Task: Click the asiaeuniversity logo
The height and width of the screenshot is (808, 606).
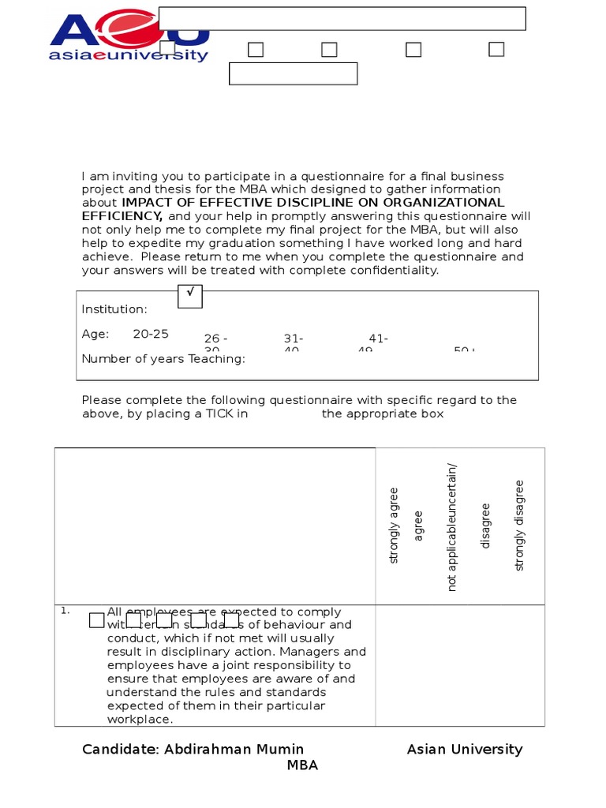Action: click(129, 38)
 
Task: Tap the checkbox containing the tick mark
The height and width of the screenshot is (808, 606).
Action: click(190, 296)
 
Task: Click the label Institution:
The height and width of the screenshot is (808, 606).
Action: click(114, 309)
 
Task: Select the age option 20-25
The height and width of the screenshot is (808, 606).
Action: click(151, 334)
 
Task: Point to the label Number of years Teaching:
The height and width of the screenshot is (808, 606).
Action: click(163, 359)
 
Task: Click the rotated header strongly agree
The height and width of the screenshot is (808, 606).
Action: click(395, 525)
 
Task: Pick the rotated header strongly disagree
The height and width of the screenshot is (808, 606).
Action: click(518, 525)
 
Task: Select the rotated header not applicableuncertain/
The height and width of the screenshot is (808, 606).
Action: click(452, 527)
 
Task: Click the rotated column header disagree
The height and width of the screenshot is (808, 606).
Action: click(485, 526)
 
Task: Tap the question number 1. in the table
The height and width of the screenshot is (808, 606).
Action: click(65, 610)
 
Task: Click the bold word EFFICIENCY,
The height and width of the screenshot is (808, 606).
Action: click(122, 216)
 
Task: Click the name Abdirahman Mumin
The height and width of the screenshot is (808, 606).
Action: click(234, 749)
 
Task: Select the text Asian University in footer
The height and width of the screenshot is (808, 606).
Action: click(464, 749)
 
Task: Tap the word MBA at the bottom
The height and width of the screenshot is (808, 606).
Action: click(302, 765)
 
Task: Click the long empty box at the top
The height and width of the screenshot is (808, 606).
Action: click(342, 19)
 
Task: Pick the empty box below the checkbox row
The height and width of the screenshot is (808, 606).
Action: click(293, 73)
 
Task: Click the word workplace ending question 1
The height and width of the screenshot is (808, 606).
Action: click(140, 719)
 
